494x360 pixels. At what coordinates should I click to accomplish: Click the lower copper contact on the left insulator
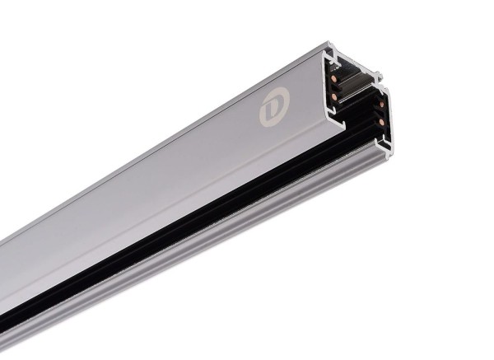click(333, 96)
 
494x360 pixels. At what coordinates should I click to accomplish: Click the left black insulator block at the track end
click(336, 89)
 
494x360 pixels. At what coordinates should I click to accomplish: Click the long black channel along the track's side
click(206, 222)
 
